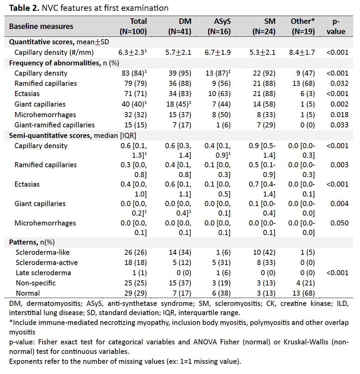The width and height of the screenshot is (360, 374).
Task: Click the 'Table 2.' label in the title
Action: (x=24, y=8)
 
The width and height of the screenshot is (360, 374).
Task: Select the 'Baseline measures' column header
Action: (x=41, y=26)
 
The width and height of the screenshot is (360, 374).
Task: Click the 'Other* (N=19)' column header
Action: (x=302, y=26)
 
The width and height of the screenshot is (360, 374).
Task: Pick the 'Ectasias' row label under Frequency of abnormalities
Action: (x=27, y=94)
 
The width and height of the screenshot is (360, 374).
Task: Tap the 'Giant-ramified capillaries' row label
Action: (x=55, y=125)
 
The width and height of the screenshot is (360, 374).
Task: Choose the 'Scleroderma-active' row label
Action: (x=47, y=263)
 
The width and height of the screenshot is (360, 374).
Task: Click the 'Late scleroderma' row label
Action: (x=42, y=273)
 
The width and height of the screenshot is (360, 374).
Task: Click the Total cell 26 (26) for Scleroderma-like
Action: (x=134, y=252)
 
